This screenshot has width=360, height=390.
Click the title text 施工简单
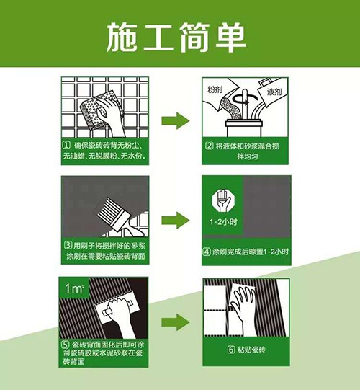179,34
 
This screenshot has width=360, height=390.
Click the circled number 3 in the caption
67,244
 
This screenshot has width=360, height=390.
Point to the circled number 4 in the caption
208,252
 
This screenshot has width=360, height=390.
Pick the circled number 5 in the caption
67,345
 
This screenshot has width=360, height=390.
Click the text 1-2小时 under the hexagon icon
223,223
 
